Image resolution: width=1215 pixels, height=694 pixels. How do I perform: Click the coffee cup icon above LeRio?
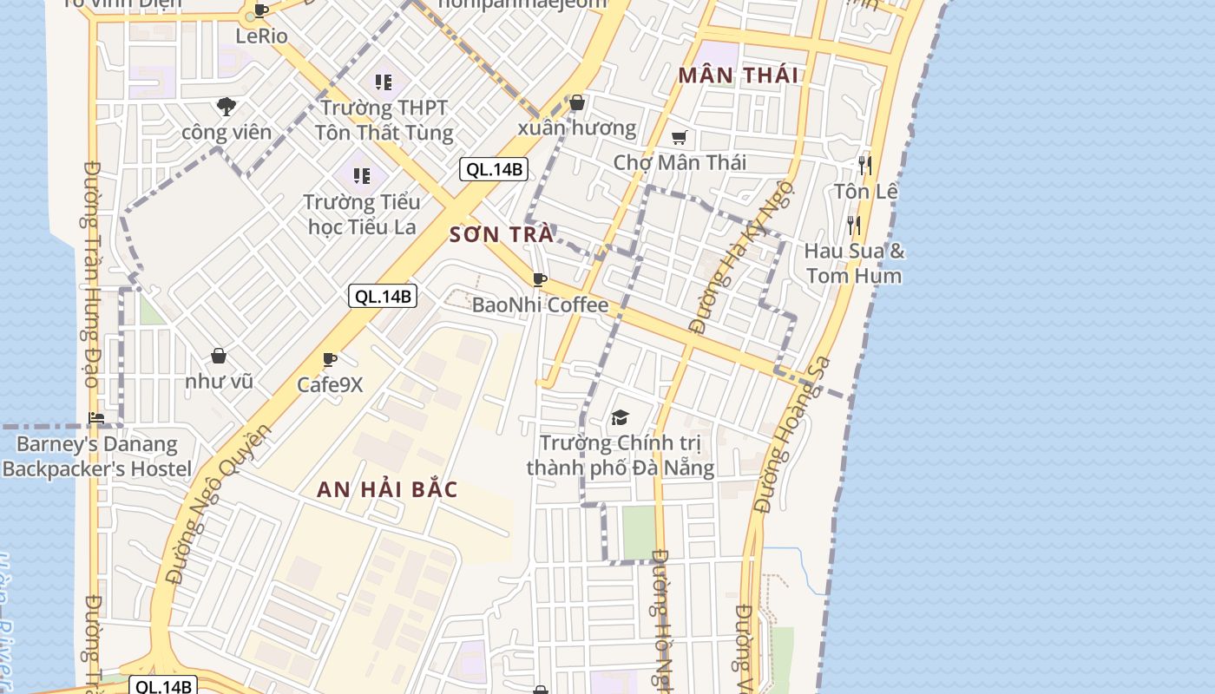pos(259,11)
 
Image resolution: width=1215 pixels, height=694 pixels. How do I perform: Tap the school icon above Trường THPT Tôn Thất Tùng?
pos(383,82)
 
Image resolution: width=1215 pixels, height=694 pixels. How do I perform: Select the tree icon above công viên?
pos(227,107)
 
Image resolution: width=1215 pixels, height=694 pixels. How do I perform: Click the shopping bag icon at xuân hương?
pos(577,102)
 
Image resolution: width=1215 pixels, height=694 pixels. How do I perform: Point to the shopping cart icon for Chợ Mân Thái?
pos(680,137)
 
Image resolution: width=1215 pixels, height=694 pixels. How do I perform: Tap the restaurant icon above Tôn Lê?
pos(864,165)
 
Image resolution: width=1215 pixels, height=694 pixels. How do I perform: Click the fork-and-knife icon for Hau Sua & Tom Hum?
pos(854,226)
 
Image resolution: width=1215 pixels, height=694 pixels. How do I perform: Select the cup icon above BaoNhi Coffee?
pos(539,279)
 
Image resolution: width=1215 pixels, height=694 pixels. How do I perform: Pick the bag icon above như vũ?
pos(219,356)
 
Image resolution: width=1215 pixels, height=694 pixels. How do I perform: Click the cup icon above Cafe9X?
pos(329,359)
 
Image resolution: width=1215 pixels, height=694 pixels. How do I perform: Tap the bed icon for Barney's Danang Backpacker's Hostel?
pos(96,418)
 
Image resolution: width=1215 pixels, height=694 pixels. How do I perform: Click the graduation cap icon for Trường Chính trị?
pos(620,418)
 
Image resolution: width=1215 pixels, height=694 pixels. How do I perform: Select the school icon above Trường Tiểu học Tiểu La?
pos(361,176)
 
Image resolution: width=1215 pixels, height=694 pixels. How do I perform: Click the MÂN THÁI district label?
pos(738,75)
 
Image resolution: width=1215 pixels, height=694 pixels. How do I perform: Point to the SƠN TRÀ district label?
pos(502,234)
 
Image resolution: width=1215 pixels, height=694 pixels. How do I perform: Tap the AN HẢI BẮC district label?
pos(387,489)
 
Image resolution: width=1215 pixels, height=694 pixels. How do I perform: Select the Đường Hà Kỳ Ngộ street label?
pos(742,257)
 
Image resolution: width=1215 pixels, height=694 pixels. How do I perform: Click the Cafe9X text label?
pos(330,384)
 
